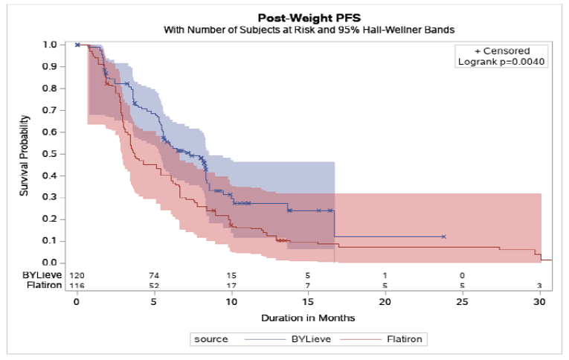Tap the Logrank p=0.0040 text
pyautogui.click(x=502, y=62)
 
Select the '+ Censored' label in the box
pyautogui.click(x=502, y=51)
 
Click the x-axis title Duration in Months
pyautogui.click(x=308, y=318)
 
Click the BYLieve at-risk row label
pyautogui.click(x=42, y=275)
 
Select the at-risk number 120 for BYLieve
pyautogui.click(x=77, y=275)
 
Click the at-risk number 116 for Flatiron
pyautogui.click(x=77, y=286)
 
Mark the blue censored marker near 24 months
pyautogui.click(x=444, y=237)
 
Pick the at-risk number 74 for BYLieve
pyautogui.click(x=154, y=275)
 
